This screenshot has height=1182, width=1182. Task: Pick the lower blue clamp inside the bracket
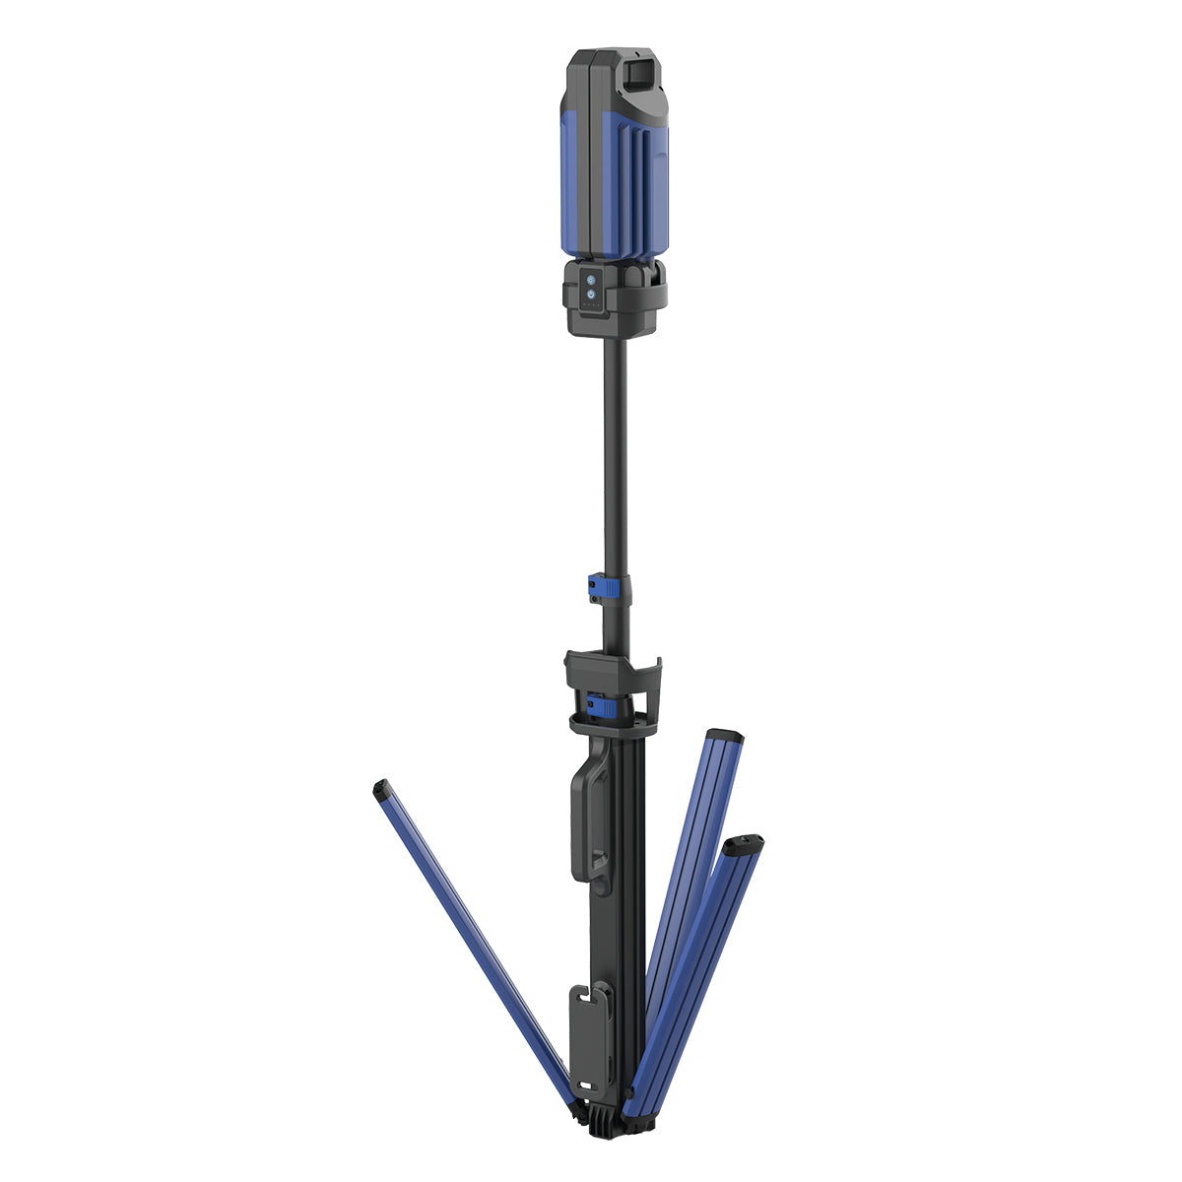pyautogui.click(x=600, y=706)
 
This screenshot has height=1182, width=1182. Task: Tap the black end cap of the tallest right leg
pyautogui.click(x=726, y=735)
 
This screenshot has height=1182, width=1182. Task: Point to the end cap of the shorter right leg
pyautogui.click(x=744, y=843)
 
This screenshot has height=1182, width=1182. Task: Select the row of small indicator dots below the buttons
pyautogui.click(x=592, y=306)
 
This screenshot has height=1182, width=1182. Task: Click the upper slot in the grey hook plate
pyautogui.click(x=589, y=999)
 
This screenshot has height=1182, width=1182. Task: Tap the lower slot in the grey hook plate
pyautogui.click(x=589, y=1059)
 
